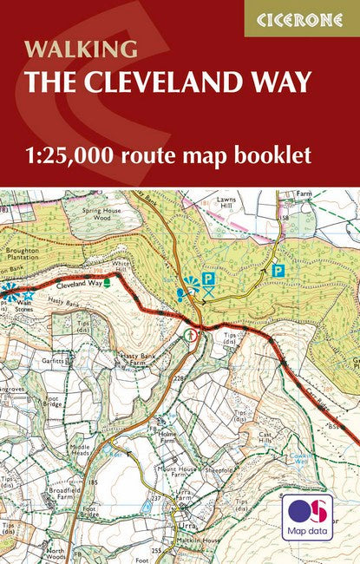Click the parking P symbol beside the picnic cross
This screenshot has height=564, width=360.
[x=208, y=278]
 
